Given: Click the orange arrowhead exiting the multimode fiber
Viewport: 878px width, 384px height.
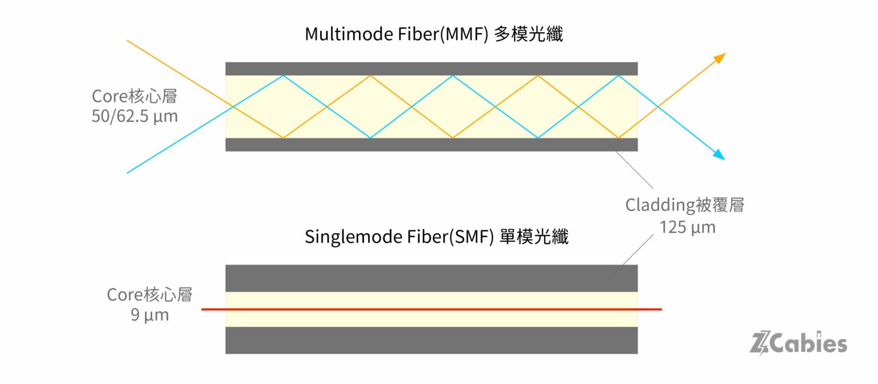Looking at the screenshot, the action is (x=720, y=58).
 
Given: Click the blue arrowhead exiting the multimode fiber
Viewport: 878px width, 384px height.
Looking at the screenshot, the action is (x=719, y=155).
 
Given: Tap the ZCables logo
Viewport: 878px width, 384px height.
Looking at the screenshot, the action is (x=798, y=343).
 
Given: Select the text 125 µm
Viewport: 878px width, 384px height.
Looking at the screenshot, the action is (x=688, y=227).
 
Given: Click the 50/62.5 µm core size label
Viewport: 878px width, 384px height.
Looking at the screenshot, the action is (x=134, y=117).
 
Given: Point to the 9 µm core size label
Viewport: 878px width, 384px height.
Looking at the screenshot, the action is (x=150, y=315).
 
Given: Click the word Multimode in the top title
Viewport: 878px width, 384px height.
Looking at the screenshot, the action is (x=349, y=34).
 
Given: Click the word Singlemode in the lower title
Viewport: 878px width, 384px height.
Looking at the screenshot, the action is (x=353, y=237).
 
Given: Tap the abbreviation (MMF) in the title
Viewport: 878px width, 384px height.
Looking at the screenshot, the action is (x=464, y=34).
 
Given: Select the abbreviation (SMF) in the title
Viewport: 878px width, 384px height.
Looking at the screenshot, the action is (x=471, y=237).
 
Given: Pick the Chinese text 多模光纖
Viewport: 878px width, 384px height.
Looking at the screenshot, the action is (x=528, y=34).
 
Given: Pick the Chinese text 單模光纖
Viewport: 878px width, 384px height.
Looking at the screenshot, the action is (x=534, y=237).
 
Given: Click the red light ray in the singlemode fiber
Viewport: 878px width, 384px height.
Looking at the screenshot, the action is (x=432, y=309).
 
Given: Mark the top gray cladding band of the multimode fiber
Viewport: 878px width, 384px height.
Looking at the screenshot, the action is (x=432, y=69).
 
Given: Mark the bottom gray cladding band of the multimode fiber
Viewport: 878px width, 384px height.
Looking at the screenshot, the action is (x=432, y=145).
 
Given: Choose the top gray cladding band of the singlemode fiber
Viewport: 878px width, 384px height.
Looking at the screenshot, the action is (x=432, y=278).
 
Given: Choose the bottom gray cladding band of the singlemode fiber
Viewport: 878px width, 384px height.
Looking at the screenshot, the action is (x=432, y=340).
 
